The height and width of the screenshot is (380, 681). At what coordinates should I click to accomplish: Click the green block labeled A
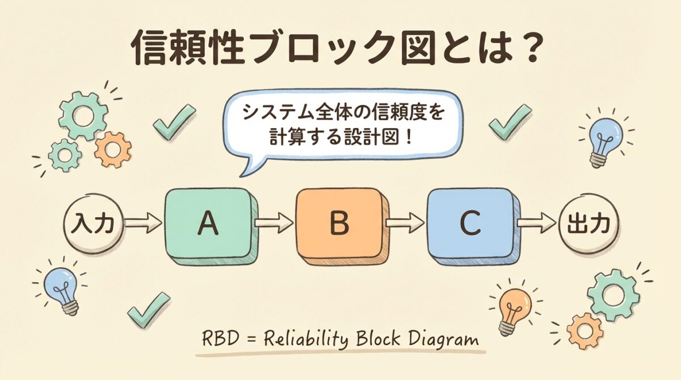click(x=208, y=223)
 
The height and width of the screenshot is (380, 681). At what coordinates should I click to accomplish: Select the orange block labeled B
click(x=339, y=223)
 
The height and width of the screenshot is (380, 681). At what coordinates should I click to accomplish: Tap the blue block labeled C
click(x=470, y=223)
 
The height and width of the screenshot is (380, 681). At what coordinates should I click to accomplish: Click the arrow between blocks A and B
click(x=274, y=223)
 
